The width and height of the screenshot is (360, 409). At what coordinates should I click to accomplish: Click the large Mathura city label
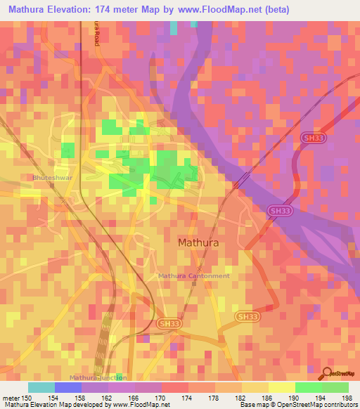(x=198, y=242)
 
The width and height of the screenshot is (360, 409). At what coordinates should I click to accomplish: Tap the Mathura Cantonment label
(x=194, y=276)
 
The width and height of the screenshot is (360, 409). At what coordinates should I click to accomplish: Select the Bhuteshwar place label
(x=49, y=178)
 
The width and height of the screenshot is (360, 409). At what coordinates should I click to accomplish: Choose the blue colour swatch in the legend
(x=68, y=387)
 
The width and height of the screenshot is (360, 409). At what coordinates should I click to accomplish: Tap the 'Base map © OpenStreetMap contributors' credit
(x=297, y=405)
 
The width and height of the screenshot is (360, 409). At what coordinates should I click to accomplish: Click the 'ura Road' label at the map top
(x=96, y=34)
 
